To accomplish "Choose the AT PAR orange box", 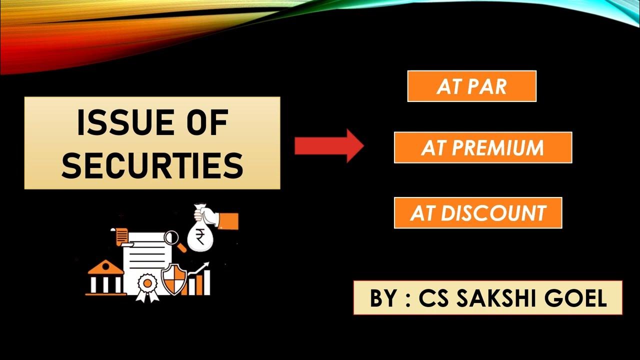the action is point(471,86).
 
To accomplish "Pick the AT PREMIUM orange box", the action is point(482,147).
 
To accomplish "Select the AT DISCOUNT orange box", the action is point(478,213).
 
